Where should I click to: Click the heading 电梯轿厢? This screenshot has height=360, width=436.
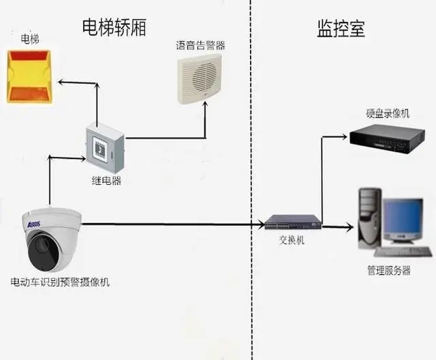[x=114, y=27]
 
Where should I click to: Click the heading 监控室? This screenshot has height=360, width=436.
[x=341, y=29]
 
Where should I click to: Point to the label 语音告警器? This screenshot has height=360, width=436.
[x=200, y=46]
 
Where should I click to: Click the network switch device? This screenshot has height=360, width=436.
[x=292, y=222]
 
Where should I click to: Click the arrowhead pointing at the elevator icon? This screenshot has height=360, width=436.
[x=60, y=82]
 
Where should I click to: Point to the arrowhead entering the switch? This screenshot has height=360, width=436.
[x=261, y=224]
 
